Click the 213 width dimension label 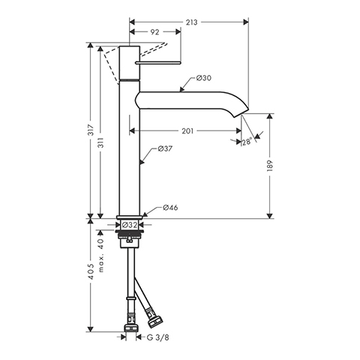tap(191, 22)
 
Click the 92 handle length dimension tap(154, 32)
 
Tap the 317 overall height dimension tap(91, 130)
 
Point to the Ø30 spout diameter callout tap(203, 78)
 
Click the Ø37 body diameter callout tap(165, 148)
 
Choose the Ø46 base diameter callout tap(170, 208)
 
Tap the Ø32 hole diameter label tap(129, 225)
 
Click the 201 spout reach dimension tap(187, 130)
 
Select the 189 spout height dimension tap(270, 166)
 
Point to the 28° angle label tap(247, 142)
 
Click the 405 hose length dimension tap(91, 271)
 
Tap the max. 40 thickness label tap(101, 255)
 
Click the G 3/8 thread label tap(157, 337)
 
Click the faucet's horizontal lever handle tap(158, 62)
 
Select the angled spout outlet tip tap(241, 112)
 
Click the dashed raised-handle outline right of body tap(153, 49)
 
